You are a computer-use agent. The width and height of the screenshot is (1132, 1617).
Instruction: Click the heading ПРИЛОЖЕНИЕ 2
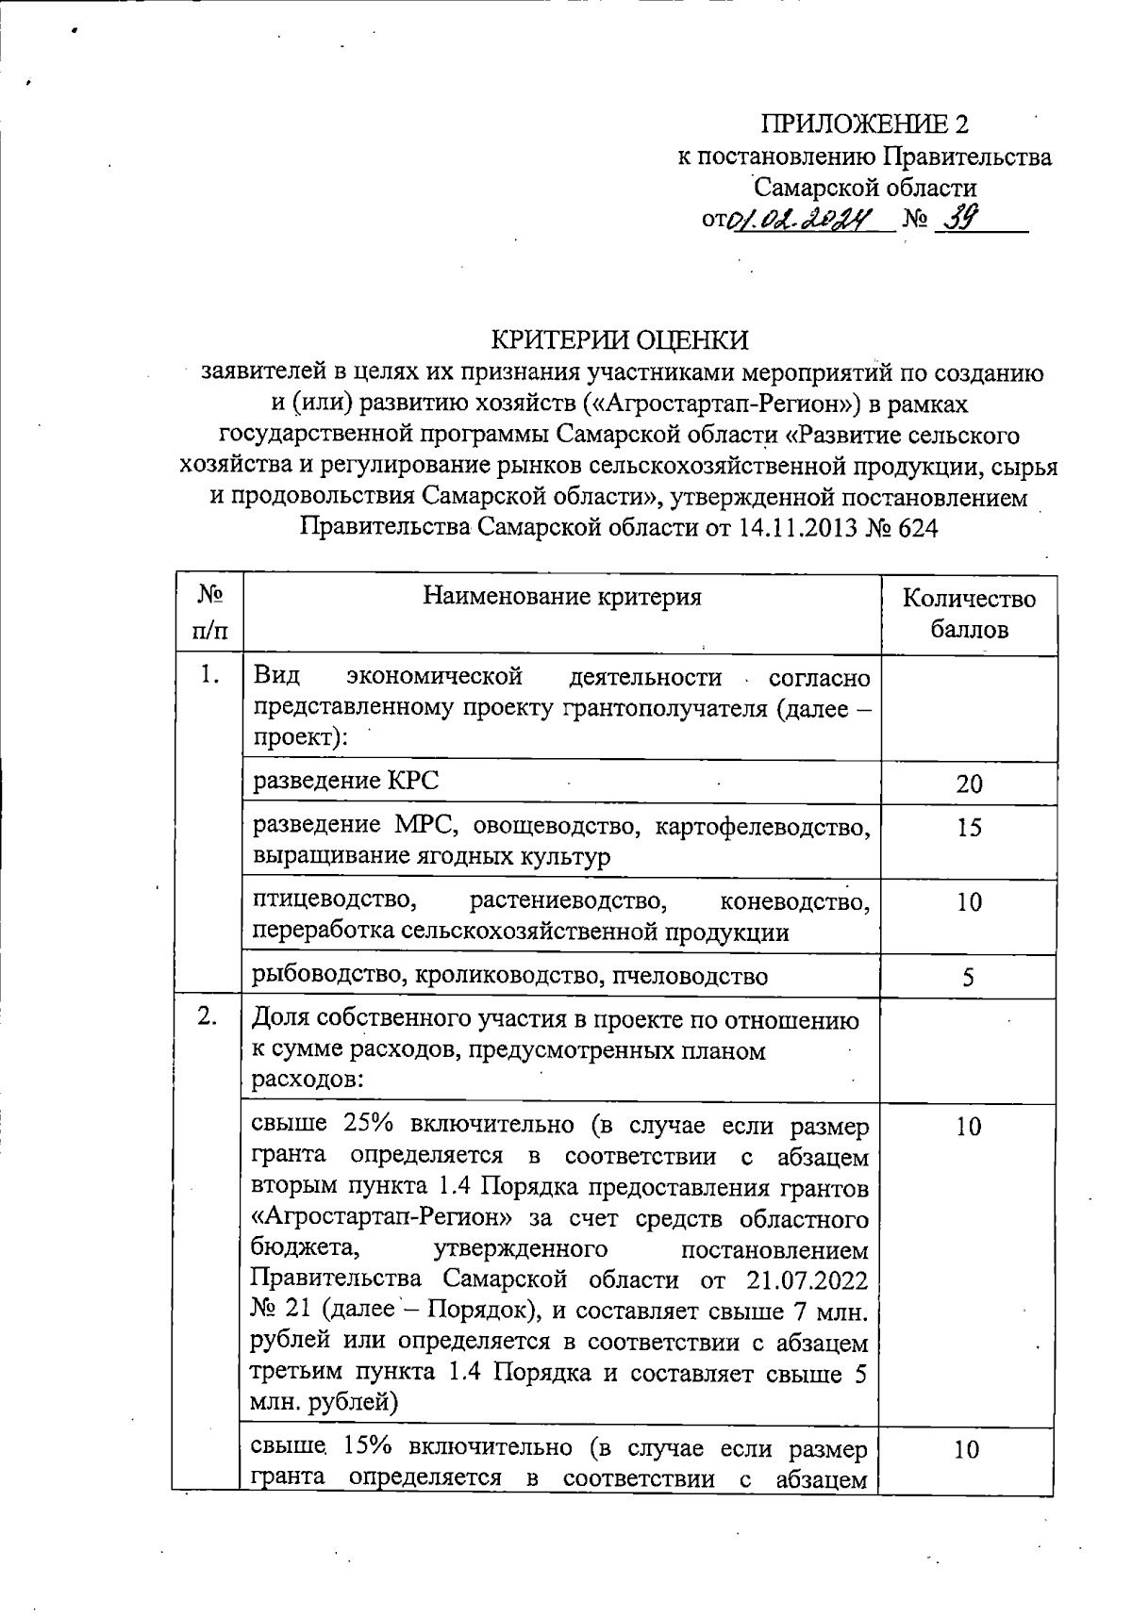tap(864, 124)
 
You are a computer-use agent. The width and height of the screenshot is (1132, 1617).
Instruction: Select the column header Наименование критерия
tap(562, 597)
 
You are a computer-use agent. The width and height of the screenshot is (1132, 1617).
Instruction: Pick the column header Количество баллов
tap(969, 613)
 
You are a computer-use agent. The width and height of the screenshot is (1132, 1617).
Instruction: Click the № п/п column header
tap(209, 612)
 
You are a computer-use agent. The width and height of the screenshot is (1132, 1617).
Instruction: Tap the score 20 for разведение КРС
tap(969, 784)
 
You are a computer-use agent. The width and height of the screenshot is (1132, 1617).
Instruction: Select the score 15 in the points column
tap(969, 828)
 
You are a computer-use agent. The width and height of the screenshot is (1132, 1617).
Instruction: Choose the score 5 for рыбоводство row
tap(969, 977)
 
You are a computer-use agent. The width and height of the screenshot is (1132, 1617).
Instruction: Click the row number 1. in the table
tap(209, 676)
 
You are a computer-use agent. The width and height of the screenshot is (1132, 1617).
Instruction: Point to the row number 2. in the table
tap(209, 1016)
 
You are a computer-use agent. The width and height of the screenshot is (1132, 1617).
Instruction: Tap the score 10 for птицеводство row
tap(969, 902)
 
